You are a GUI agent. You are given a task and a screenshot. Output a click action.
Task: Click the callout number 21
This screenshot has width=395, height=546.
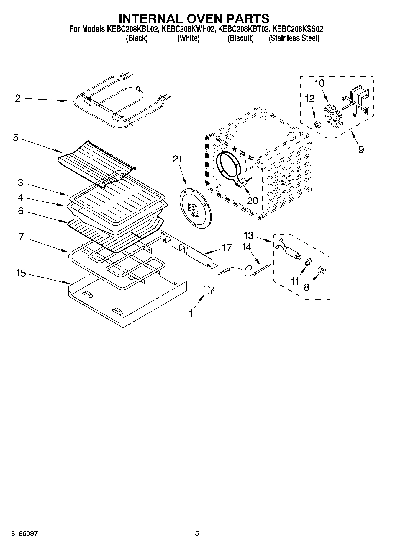point(177,159)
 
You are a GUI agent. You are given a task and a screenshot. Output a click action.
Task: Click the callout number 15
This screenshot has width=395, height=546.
point(21,273)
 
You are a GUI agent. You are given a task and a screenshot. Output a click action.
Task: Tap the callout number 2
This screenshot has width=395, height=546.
point(18,98)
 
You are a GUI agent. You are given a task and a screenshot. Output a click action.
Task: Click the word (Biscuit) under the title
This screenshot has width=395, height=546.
point(240,38)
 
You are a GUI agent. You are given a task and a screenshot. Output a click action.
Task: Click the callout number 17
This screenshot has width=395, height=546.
point(227,247)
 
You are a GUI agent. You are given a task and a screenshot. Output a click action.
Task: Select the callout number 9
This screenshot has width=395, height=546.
point(361,149)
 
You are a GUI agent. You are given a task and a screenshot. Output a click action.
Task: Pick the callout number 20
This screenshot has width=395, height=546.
point(252,201)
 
